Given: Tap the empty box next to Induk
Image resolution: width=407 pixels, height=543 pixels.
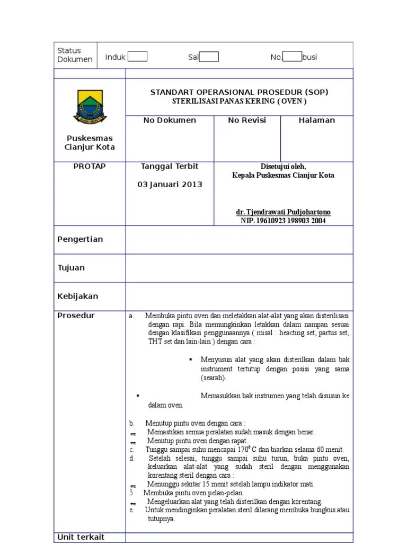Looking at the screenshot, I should (138, 57).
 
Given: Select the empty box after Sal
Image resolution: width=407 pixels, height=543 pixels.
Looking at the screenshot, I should (209, 57).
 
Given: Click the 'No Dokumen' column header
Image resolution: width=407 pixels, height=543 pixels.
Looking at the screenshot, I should (170, 120).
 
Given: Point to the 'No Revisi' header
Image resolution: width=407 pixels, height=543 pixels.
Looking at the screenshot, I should (247, 120).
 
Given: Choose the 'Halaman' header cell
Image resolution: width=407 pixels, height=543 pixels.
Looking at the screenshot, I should (316, 120).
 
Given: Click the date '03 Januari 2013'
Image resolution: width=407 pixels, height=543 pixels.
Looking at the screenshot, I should (170, 185).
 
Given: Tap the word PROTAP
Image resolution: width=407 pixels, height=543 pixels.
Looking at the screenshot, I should (90, 167).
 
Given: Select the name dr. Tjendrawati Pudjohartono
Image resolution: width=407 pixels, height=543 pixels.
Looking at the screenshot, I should (283, 212).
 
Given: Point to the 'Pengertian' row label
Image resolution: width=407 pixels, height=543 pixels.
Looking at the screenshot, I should (80, 239).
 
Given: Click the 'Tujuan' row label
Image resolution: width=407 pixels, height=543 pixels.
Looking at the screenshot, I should (71, 268).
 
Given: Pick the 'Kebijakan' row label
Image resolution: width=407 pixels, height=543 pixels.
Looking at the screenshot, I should (77, 296).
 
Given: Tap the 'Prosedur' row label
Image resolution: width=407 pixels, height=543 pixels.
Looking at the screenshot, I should (76, 316).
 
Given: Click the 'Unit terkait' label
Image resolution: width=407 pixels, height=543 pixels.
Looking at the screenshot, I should (81, 537).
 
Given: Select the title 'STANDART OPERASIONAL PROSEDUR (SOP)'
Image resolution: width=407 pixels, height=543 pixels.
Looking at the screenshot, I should (239, 92).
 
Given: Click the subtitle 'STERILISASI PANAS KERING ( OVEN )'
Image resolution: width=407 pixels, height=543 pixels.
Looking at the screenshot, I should (239, 101).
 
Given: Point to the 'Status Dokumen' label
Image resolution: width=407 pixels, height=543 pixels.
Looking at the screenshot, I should (75, 55).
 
